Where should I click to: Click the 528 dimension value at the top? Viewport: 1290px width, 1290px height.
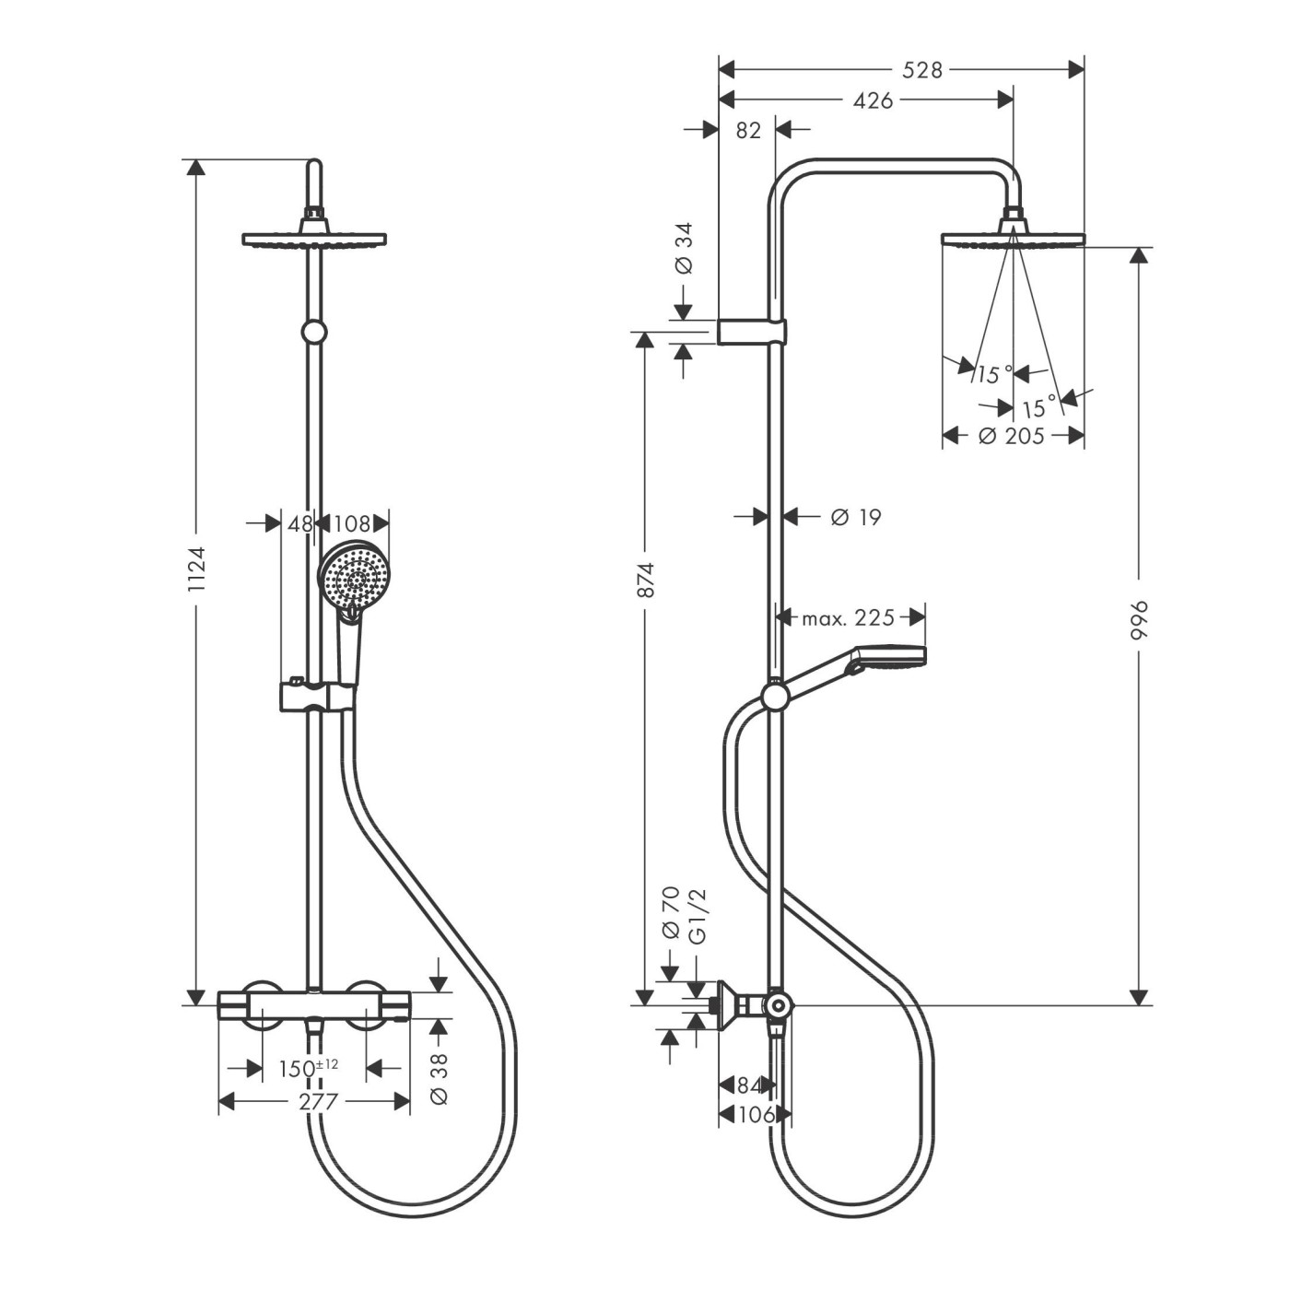[921, 70]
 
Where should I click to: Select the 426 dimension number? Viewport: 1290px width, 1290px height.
[873, 100]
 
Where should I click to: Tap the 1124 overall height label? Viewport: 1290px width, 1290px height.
[197, 569]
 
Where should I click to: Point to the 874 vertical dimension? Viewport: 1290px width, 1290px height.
[646, 580]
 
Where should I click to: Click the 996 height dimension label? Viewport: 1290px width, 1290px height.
[1138, 620]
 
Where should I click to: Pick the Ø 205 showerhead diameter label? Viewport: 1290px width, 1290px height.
[1011, 436]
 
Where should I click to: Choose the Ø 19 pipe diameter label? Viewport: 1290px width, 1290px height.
[855, 517]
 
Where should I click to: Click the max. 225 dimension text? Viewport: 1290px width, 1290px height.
[848, 617]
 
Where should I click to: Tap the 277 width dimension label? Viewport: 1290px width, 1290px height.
[318, 1101]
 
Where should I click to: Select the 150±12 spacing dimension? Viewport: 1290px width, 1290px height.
[308, 1068]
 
